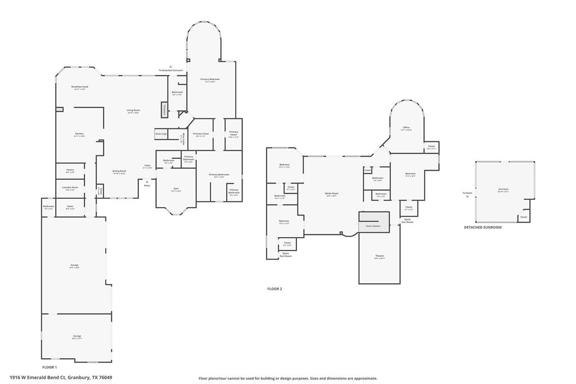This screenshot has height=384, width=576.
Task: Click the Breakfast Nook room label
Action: (x=79, y=87)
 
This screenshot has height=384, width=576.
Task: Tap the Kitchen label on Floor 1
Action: (x=79, y=133)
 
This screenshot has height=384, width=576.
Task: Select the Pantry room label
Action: (x=70, y=170)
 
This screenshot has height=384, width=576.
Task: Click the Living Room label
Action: (x=133, y=110)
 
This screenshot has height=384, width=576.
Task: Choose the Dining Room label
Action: (x=119, y=171)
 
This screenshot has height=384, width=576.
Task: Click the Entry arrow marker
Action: (x=147, y=182)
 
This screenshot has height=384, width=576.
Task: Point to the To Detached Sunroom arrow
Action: (x=170, y=67)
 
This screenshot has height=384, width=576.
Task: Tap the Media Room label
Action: (x=331, y=194)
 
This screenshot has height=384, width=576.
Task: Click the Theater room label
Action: (x=380, y=256)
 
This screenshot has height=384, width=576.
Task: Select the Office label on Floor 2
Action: (x=406, y=128)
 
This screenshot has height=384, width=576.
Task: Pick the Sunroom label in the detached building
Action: (x=503, y=189)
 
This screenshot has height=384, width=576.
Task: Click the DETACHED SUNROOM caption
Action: (x=483, y=227)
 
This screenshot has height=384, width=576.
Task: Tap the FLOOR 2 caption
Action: (x=274, y=289)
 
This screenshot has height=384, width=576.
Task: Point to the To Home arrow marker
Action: (x=467, y=196)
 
